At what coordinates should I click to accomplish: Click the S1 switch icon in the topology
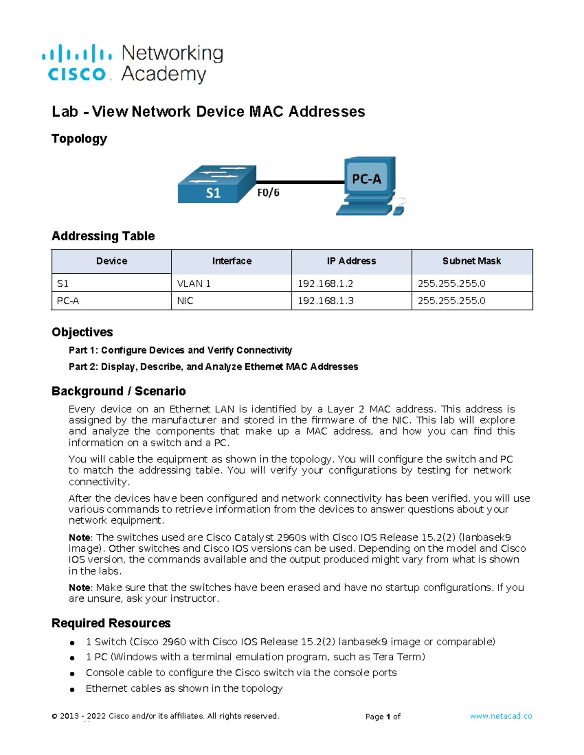217,184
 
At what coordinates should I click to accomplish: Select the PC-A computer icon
370,185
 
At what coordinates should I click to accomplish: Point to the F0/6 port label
268,193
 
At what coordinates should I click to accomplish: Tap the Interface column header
232,261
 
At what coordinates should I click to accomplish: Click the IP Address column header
351,261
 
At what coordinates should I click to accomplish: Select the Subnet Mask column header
472,261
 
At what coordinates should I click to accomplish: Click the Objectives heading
82,332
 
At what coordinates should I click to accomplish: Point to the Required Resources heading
111,623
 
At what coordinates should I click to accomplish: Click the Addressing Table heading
103,236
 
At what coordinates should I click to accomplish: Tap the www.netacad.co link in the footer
501,716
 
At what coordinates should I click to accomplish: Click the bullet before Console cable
72,674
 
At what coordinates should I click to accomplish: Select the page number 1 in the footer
388,717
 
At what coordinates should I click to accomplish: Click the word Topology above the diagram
79,139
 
